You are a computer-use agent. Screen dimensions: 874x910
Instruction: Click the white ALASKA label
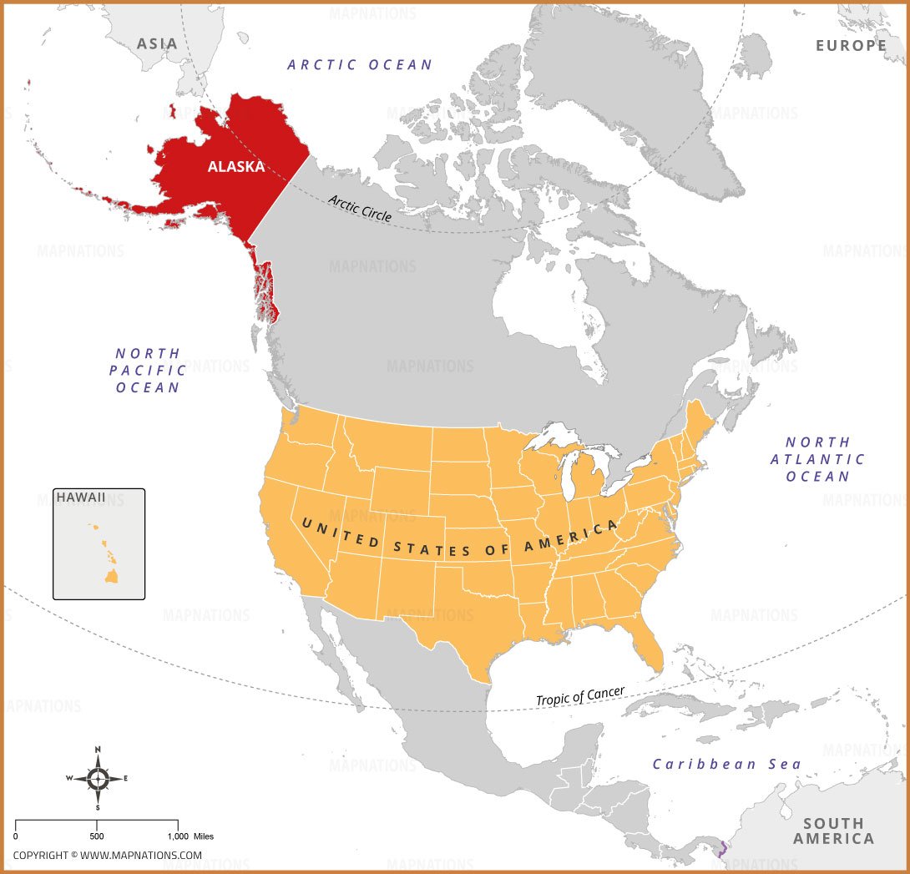[x=236, y=166]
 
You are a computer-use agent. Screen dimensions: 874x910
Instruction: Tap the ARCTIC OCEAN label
[x=360, y=64]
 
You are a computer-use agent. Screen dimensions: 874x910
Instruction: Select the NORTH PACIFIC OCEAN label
[x=149, y=371]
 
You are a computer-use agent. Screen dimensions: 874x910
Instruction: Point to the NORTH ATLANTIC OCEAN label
[x=817, y=459]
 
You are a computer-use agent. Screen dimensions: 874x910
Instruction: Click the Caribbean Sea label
[x=726, y=764]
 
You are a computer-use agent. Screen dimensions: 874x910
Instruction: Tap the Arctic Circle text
[x=360, y=206]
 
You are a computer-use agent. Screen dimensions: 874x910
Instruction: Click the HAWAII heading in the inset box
[x=81, y=498]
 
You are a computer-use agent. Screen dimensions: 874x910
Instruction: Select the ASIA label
[x=157, y=43]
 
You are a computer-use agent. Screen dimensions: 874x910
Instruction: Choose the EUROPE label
[x=851, y=45]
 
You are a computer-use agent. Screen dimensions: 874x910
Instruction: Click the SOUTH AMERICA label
[x=833, y=831]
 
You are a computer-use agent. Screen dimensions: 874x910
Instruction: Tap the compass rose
[x=98, y=779]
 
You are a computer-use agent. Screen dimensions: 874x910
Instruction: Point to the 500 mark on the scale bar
[x=97, y=836]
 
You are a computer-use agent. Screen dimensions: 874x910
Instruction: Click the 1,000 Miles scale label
[x=192, y=836]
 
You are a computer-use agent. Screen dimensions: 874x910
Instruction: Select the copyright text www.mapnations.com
[x=108, y=855]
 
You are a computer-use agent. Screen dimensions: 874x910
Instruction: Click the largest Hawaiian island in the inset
[x=110, y=576]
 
